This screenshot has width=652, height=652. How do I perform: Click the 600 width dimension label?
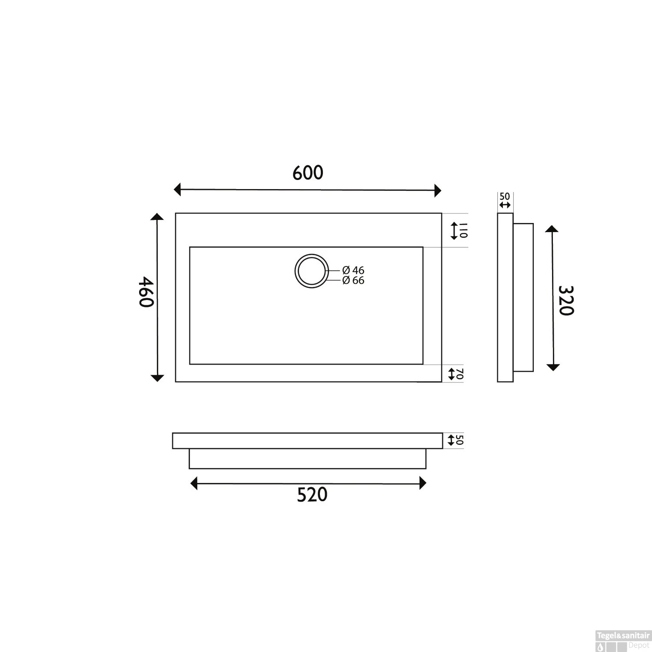click(x=308, y=173)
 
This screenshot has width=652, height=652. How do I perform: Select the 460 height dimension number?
click(x=146, y=292)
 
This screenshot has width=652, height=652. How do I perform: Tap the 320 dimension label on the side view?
click(x=566, y=300)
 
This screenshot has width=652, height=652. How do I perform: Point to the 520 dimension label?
click(x=312, y=495)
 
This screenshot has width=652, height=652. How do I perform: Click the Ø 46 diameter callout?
click(x=353, y=271)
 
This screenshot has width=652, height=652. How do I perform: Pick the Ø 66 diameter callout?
click(x=353, y=281)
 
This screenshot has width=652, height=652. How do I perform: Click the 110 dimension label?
click(x=463, y=230)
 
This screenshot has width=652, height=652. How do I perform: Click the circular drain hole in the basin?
click(x=311, y=271)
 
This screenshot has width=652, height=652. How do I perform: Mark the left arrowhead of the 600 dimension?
click(x=177, y=190)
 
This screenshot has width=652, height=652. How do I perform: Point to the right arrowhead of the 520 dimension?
click(x=422, y=483)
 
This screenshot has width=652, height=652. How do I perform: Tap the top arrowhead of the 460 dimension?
click(x=157, y=217)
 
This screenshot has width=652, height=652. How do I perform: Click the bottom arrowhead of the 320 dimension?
click(x=552, y=367)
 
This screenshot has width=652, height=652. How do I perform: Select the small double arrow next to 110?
click(x=454, y=230)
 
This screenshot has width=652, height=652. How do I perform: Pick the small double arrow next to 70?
click(x=452, y=373)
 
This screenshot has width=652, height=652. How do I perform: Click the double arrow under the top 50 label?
click(x=505, y=205)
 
